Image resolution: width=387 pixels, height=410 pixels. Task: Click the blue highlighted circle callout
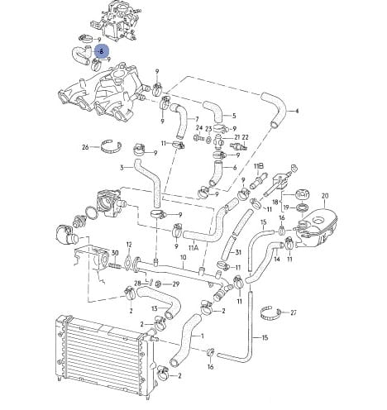click(x=102, y=51)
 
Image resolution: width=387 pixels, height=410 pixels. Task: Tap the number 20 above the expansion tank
click(x=325, y=196)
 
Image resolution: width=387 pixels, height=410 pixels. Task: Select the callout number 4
click(x=297, y=111)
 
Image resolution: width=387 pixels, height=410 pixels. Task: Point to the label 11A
click(x=193, y=248)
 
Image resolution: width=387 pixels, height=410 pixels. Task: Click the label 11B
click(x=259, y=166)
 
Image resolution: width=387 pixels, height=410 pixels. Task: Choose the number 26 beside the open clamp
click(x=85, y=147)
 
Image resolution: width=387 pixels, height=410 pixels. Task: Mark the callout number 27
click(x=294, y=312)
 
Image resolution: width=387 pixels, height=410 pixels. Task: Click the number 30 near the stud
click(x=115, y=253)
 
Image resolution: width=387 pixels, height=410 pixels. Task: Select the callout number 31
click(x=238, y=252)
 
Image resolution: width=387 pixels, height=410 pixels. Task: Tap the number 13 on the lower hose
click(x=155, y=308)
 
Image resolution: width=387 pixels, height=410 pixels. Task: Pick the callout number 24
click(x=199, y=128)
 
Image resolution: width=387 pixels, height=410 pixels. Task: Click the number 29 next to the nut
click(x=175, y=284)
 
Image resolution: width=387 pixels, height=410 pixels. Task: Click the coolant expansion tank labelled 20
click(x=317, y=229)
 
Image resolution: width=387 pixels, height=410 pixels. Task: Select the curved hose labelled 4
click(x=274, y=110)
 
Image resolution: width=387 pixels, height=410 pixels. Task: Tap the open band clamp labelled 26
click(x=111, y=147)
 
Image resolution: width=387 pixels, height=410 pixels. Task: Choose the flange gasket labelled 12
click(x=128, y=261)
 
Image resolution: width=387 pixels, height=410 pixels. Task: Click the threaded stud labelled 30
click(x=115, y=266)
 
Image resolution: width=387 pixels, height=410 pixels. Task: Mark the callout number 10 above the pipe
click(x=184, y=257)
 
